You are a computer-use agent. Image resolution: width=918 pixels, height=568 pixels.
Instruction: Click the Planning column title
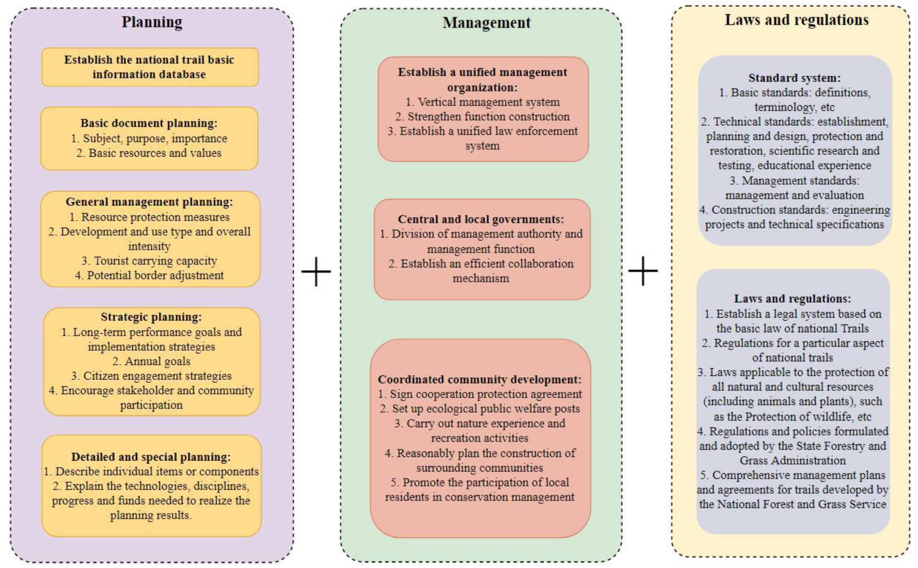coord(152,22)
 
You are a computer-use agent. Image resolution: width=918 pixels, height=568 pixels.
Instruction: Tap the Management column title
coord(486,23)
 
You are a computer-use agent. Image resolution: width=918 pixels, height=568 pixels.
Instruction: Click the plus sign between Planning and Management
coord(316,271)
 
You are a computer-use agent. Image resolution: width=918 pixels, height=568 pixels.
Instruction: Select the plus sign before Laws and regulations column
coord(643,271)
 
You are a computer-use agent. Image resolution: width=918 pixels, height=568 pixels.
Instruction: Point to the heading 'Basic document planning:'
coord(149,123)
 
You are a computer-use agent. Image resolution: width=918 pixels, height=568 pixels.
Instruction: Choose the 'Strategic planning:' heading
coord(151,317)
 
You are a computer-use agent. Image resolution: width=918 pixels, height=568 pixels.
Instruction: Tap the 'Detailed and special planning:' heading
coord(151,457)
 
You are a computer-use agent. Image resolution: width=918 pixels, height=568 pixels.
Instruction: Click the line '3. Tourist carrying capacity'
coord(149,261)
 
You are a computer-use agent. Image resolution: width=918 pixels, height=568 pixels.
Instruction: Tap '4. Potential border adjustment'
coord(149,275)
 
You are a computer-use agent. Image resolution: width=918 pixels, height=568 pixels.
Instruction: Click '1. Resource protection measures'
coord(149,217)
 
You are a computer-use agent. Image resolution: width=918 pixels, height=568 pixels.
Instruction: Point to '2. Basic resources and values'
coord(149,153)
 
